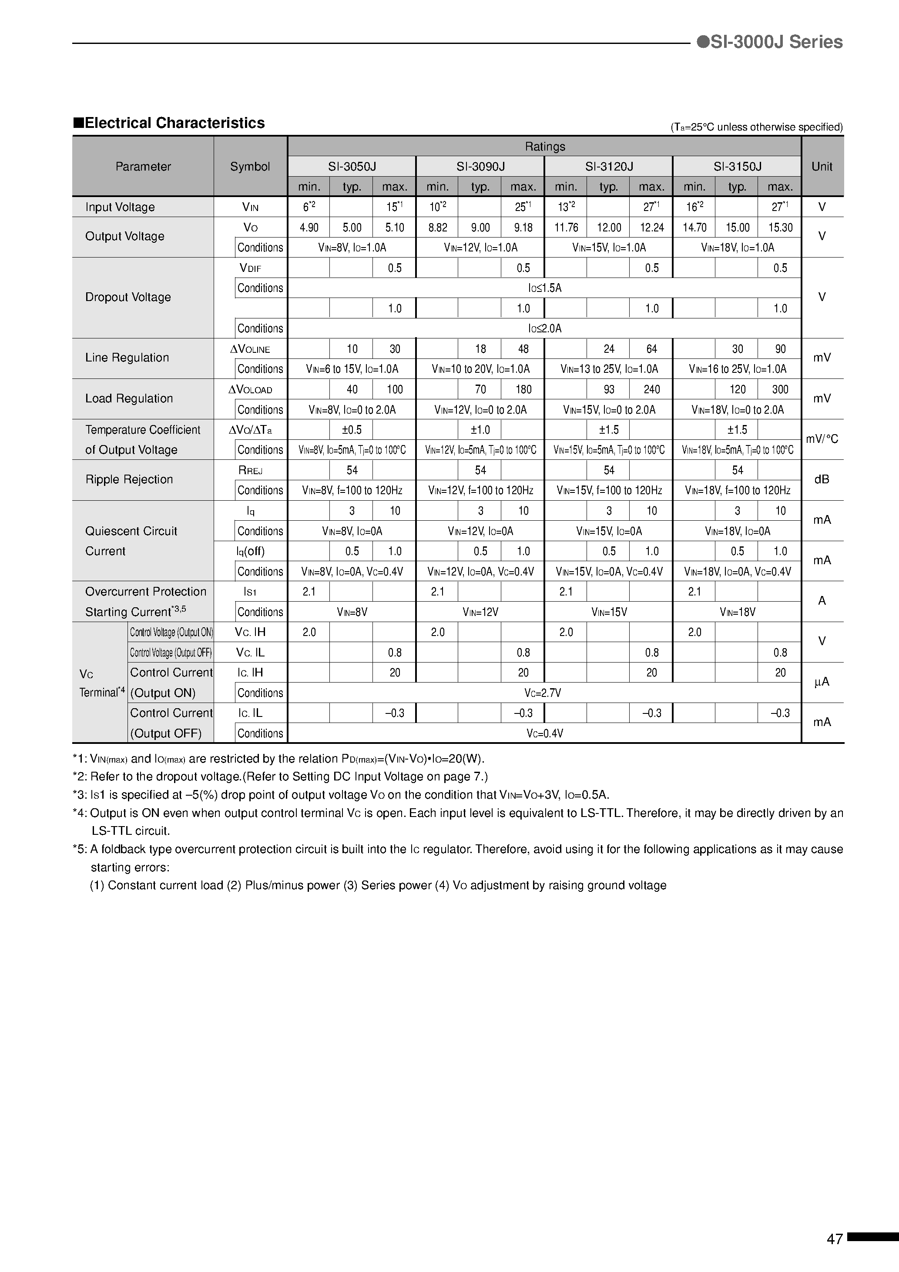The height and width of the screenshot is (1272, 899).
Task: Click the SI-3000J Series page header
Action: (x=770, y=42)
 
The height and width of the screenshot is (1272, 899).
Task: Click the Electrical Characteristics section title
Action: (x=169, y=123)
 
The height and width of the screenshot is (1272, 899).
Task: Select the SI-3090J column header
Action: (x=480, y=166)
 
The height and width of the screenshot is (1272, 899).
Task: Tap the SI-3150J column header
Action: (x=737, y=166)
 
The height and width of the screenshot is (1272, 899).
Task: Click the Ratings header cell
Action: (x=544, y=146)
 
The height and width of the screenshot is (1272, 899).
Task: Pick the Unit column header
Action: (x=822, y=166)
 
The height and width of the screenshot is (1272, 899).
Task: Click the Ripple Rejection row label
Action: (x=129, y=479)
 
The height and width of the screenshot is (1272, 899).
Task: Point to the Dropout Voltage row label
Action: (x=128, y=298)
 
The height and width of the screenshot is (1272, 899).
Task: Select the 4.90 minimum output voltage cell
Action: (x=309, y=227)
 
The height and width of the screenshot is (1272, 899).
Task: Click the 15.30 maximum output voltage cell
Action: (x=780, y=227)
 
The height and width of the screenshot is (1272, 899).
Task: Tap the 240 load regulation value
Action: (x=651, y=389)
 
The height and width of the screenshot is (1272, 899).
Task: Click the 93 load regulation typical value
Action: (x=609, y=389)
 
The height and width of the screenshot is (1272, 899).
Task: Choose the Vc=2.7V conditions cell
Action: (x=544, y=693)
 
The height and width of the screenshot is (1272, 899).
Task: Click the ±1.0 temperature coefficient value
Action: (x=480, y=430)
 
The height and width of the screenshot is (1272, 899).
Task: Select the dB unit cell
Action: (x=822, y=479)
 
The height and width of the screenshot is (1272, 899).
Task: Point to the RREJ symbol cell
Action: (x=250, y=470)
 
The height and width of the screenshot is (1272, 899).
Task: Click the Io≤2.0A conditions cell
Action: (x=544, y=328)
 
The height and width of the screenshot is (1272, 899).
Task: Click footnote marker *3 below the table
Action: (x=79, y=794)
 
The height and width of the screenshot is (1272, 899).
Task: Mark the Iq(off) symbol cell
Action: (x=250, y=551)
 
